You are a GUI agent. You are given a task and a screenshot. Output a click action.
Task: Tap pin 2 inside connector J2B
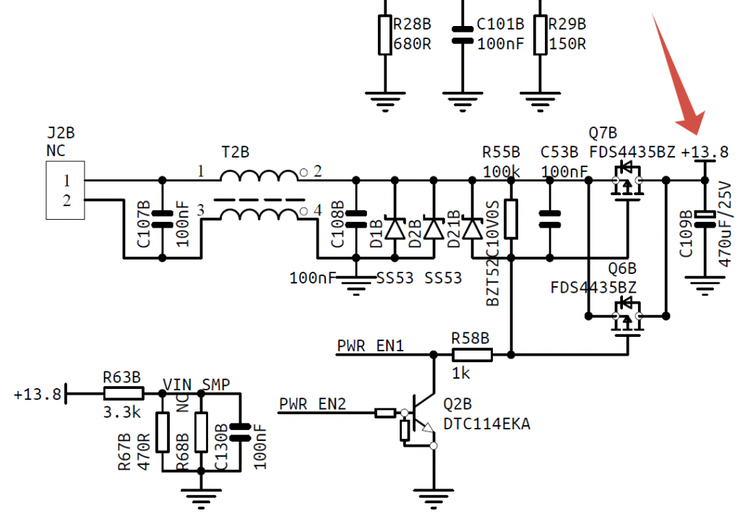tap(66, 202)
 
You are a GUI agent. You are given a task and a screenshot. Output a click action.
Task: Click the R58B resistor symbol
tap(472, 354)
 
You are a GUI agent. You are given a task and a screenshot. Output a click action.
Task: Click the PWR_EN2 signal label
tap(312, 403)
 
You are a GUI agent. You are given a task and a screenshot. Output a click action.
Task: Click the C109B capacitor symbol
tap(705, 215)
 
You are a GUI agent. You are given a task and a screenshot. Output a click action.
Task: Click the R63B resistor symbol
tap(124, 393)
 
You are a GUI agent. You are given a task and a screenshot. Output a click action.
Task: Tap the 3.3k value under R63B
tap(116, 412)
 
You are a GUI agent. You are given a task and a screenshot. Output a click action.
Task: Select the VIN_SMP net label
tap(197, 384)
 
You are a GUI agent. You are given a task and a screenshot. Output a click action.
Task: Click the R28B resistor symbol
tap(385, 34)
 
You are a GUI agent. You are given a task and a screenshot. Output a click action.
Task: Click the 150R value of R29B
tap(567, 43)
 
